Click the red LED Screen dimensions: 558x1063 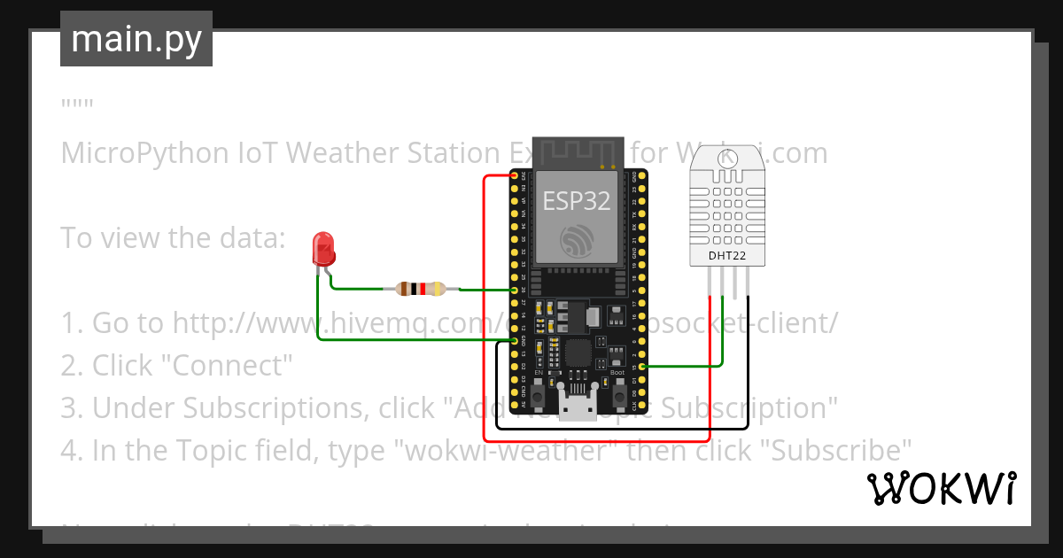(x=324, y=249)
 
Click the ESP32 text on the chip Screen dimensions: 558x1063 (x=577, y=201)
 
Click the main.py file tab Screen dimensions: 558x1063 (x=136, y=39)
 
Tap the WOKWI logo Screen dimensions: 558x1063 (x=941, y=489)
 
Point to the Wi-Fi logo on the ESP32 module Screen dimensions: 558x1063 (x=577, y=240)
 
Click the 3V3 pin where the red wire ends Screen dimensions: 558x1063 (x=515, y=177)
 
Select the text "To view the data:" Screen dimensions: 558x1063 (x=173, y=238)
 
